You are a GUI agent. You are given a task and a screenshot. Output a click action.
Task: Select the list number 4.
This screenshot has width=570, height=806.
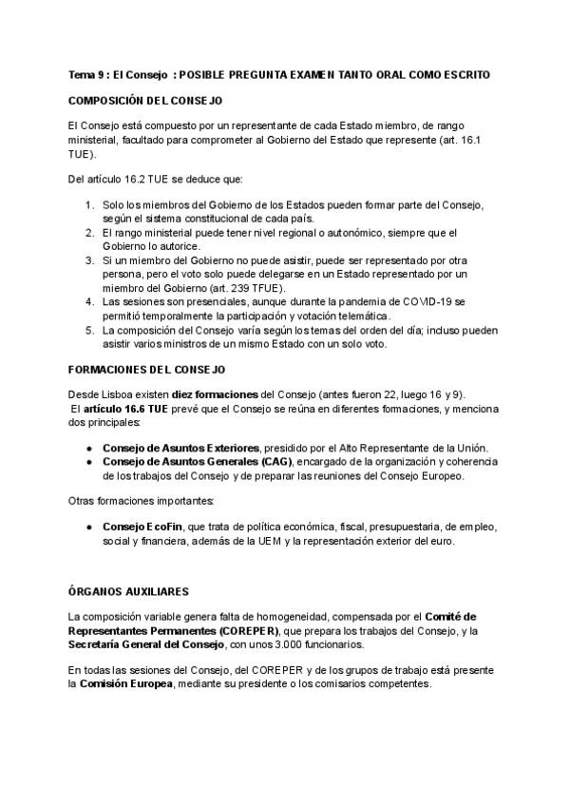pyautogui.click(x=89, y=301)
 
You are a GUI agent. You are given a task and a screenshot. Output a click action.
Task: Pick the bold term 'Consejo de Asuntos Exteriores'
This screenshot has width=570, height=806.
pyautogui.click(x=180, y=448)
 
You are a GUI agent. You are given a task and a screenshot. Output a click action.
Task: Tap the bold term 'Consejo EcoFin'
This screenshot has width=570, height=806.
pyautogui.click(x=142, y=526)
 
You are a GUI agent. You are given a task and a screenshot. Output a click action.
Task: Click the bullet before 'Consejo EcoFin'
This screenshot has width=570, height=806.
pyautogui.click(x=90, y=526)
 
